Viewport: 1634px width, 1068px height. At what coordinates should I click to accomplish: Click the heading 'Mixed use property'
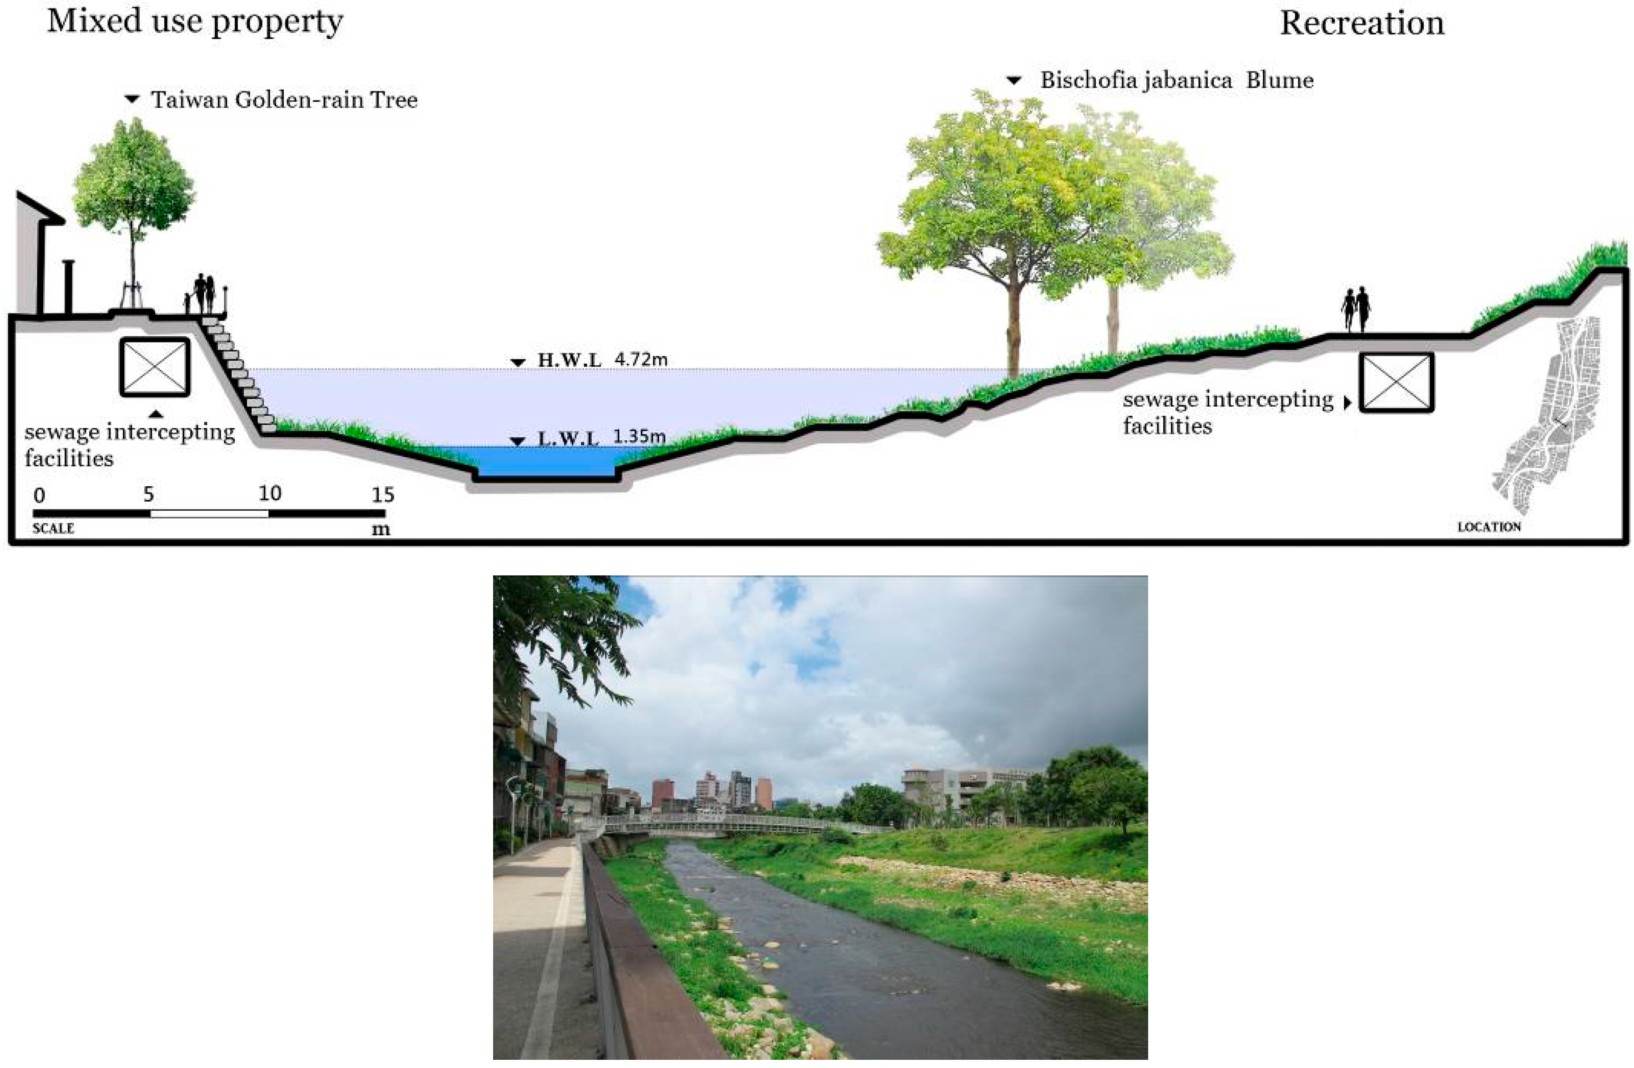coord(195,22)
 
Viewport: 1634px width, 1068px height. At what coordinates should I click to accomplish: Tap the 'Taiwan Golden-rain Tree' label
coord(284,100)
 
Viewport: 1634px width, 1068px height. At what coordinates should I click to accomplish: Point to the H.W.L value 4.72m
coord(640,359)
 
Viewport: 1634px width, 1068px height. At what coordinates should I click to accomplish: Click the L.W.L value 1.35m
coord(639,437)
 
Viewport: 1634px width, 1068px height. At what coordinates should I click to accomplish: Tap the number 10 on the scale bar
coord(270,494)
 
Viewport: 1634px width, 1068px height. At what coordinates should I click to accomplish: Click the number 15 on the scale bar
coord(383,495)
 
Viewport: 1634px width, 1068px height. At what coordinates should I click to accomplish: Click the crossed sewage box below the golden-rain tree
coord(155,367)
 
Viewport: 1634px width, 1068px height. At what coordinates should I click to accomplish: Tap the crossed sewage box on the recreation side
coord(1397,383)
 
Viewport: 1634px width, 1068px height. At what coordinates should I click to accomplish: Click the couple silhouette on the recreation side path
coord(1356,309)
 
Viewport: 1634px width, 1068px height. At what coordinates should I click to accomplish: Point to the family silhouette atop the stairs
coord(202,294)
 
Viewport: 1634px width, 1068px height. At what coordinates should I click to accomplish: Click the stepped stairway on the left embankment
coord(240,374)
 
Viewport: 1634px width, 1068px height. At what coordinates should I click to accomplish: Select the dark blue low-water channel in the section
coord(546,462)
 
